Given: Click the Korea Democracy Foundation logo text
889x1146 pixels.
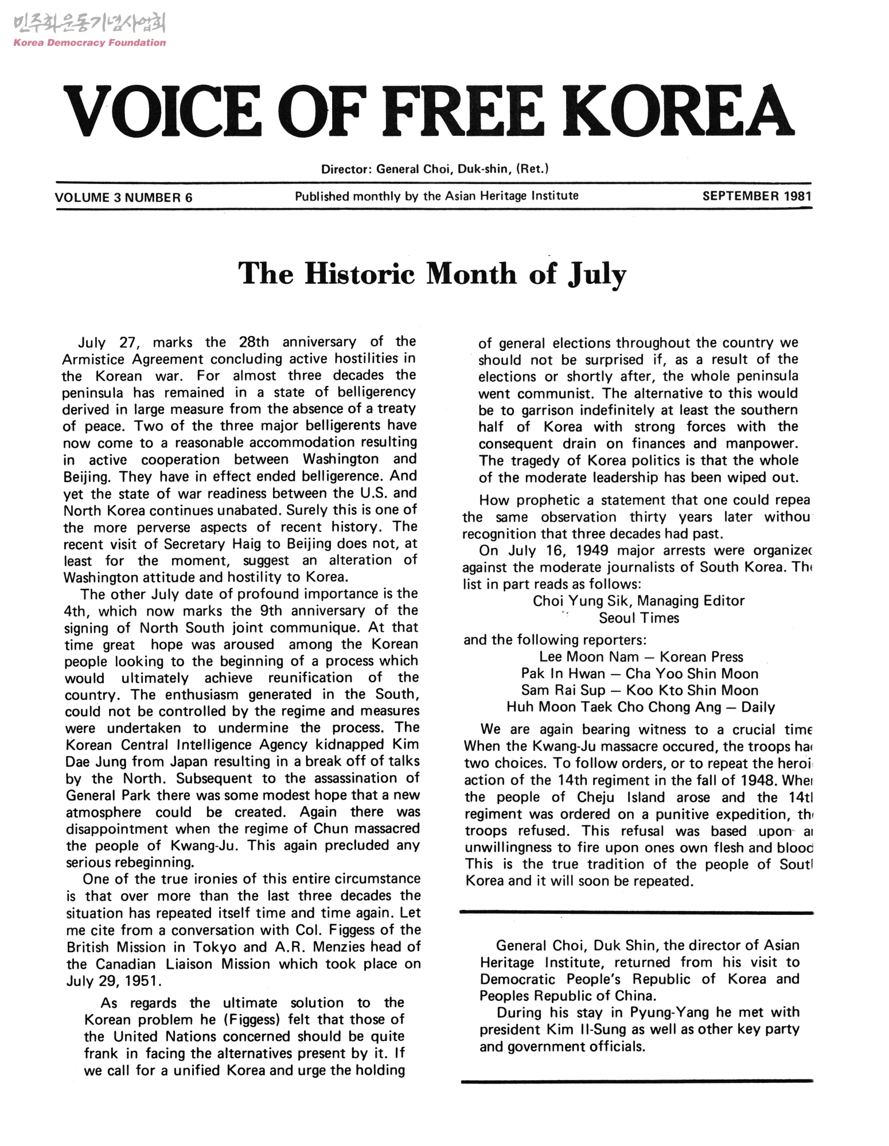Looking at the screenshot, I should [89, 42].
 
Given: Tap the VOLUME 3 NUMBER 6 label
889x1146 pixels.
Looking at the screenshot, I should [123, 198].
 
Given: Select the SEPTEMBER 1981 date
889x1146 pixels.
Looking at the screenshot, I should [757, 196].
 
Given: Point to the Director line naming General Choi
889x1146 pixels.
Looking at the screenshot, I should [435, 169].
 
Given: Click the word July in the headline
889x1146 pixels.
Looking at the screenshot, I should [596, 275].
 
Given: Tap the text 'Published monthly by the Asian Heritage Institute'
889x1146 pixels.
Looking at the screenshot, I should [436, 196].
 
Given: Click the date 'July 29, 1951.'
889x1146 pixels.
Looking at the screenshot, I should [112, 980].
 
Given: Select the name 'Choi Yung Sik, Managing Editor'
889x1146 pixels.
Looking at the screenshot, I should [638, 601].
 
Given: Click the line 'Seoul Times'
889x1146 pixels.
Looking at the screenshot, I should [639, 618].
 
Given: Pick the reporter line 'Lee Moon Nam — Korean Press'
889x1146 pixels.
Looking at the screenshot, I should [641, 657].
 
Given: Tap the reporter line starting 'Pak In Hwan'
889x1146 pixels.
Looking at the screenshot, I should [640, 674].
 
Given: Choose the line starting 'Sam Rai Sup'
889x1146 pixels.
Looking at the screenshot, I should [640, 690].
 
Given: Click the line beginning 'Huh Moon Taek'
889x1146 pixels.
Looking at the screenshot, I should [640, 707].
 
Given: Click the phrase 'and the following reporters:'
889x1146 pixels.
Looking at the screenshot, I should [555, 640].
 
